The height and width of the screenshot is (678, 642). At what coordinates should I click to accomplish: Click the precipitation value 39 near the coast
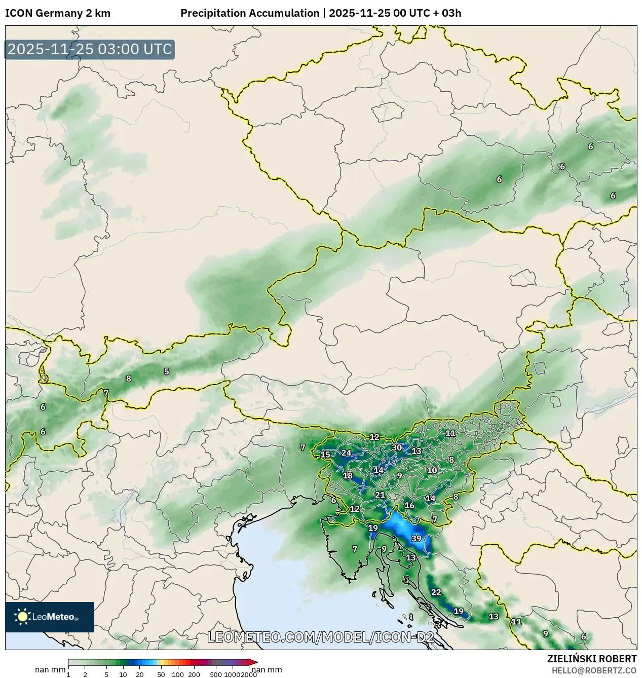click(x=416, y=538)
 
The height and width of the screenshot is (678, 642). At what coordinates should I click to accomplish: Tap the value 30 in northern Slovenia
click(x=397, y=447)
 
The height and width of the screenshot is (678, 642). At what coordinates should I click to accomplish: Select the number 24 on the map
click(x=346, y=453)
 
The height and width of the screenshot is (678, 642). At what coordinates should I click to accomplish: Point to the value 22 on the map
click(x=436, y=592)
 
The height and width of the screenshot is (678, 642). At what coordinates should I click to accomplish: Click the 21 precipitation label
click(x=380, y=495)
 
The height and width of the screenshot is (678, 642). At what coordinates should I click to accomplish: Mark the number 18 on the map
click(x=348, y=475)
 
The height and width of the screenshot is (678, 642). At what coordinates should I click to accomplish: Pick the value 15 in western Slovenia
click(x=325, y=455)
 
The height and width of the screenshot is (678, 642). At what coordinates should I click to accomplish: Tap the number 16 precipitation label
click(x=409, y=505)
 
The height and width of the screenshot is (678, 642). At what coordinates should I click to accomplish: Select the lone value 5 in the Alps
click(x=166, y=371)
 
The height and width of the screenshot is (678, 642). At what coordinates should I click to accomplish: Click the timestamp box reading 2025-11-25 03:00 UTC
click(x=90, y=50)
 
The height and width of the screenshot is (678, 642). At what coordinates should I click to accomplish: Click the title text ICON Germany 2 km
click(x=58, y=13)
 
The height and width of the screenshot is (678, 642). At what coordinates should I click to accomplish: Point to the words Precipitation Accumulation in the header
click(x=250, y=13)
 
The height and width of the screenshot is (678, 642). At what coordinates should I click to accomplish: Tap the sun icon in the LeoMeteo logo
click(x=22, y=617)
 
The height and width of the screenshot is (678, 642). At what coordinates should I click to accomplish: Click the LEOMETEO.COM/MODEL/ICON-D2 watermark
click(x=321, y=637)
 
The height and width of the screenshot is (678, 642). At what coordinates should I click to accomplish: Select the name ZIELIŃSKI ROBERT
click(x=591, y=659)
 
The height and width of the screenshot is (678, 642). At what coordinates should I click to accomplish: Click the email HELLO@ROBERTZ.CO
click(x=594, y=670)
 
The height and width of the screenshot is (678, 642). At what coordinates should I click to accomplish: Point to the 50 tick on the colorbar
click(x=161, y=674)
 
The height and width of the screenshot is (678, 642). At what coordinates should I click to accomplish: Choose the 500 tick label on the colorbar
click(x=216, y=674)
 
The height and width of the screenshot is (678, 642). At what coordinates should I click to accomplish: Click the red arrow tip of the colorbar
click(x=254, y=662)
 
